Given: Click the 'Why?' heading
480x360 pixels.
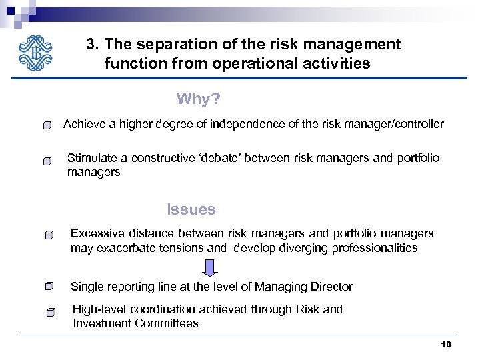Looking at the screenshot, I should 198,99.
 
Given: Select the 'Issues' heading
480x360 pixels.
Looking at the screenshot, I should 191,209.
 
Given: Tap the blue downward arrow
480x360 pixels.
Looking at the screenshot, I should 210,267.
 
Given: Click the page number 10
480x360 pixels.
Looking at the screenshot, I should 446,344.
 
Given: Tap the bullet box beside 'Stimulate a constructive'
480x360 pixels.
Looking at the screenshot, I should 45,161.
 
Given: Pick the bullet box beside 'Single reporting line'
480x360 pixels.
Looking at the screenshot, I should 49,287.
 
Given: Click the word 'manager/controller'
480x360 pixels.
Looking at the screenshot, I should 399,124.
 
